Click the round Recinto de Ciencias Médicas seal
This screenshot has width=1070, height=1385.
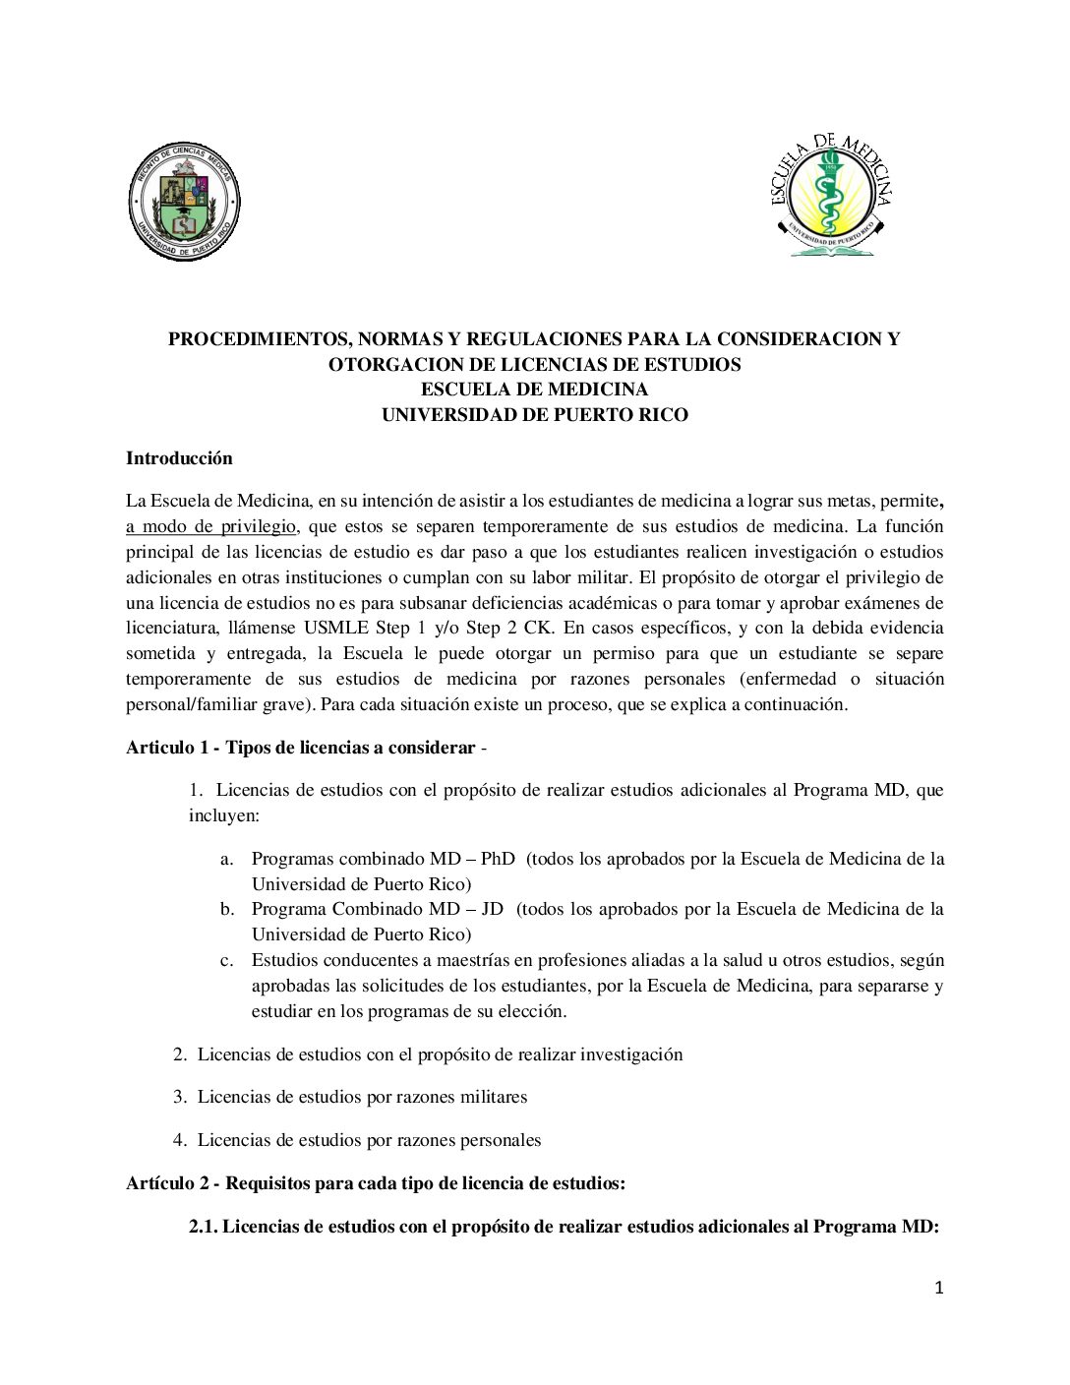coord(184,202)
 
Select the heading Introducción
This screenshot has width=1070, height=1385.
coord(179,458)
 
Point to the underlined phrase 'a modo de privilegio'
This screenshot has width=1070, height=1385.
coord(210,527)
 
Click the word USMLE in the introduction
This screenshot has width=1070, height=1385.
coord(336,629)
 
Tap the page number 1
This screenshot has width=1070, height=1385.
coord(938,1288)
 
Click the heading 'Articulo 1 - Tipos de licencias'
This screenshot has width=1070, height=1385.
coord(300,748)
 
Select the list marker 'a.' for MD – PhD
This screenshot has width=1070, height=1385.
coord(227,860)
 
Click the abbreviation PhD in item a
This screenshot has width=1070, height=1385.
coord(498,859)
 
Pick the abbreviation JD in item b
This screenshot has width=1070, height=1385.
coord(492,909)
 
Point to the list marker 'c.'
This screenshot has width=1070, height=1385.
coord(227,961)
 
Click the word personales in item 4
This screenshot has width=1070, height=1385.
coord(496,1140)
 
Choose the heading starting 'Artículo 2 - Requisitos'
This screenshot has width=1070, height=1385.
coord(375,1183)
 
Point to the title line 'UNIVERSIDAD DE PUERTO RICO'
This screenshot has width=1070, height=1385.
coord(535,415)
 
